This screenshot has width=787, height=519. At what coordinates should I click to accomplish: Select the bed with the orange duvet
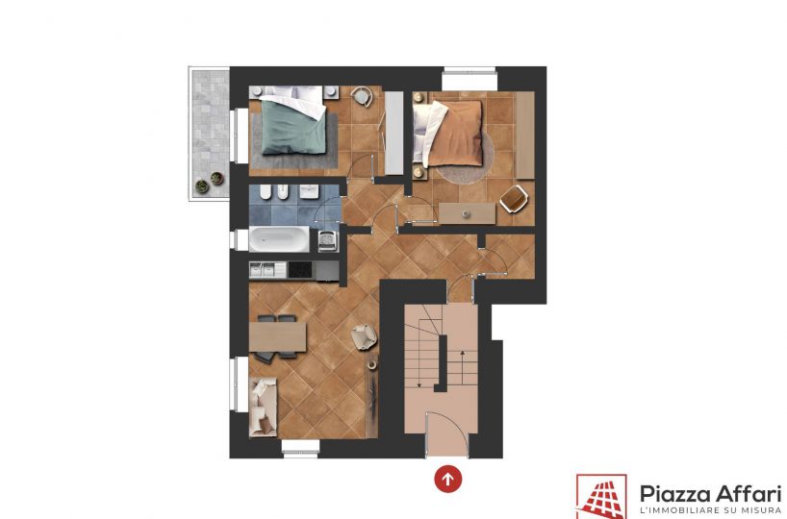[x=447, y=134]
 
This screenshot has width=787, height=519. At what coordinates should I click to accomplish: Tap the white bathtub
[x=279, y=239]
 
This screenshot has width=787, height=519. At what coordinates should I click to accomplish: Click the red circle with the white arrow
[x=447, y=479]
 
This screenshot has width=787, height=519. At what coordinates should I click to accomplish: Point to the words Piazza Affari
[x=711, y=494]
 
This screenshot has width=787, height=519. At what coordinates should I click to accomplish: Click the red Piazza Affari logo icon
[x=601, y=497]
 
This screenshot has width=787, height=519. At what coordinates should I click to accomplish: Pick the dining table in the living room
[x=277, y=337]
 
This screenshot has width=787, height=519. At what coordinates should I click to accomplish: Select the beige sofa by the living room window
[x=263, y=407]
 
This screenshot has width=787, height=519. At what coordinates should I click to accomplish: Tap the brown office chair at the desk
[x=514, y=199]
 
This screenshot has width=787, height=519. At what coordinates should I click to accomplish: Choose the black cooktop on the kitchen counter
[x=300, y=270]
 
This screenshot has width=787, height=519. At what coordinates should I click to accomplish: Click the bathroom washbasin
[x=310, y=191]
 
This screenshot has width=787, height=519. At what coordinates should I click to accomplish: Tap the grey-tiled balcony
[x=210, y=134]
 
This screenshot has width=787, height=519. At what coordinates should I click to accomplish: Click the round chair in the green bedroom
[x=361, y=96]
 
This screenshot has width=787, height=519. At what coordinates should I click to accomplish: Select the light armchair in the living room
[x=364, y=336]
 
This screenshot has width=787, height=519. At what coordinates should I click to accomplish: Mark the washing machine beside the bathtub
[x=328, y=241]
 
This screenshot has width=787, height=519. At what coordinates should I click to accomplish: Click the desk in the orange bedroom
[x=467, y=213]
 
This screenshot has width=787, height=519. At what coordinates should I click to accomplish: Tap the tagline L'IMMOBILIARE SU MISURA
[x=711, y=510]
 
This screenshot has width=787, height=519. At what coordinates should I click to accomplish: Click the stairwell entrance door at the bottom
[x=447, y=435]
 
